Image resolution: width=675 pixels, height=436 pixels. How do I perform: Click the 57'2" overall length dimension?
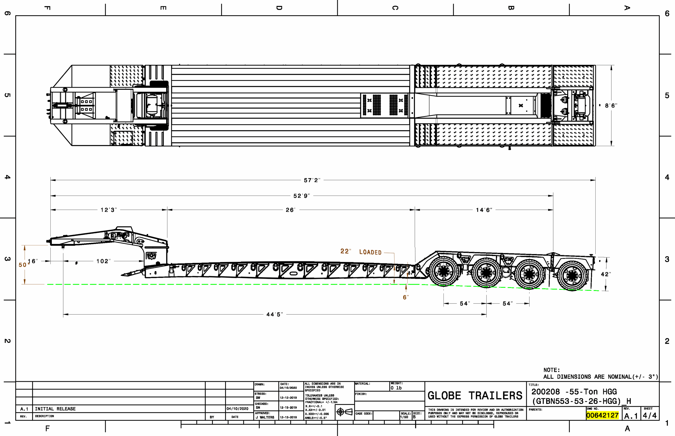[312, 180]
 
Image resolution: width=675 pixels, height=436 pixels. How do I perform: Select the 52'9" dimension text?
[302, 196]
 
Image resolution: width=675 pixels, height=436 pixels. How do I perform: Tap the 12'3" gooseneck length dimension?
[109, 210]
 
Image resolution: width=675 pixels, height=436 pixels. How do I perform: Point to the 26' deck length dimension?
[291, 210]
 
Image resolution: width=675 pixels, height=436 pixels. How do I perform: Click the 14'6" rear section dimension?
[484, 210]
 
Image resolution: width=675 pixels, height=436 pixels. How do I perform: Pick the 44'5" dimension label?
[274, 315]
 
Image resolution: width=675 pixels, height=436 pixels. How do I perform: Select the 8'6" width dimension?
[611, 106]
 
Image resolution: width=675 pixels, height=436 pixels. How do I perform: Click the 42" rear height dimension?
[606, 274]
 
